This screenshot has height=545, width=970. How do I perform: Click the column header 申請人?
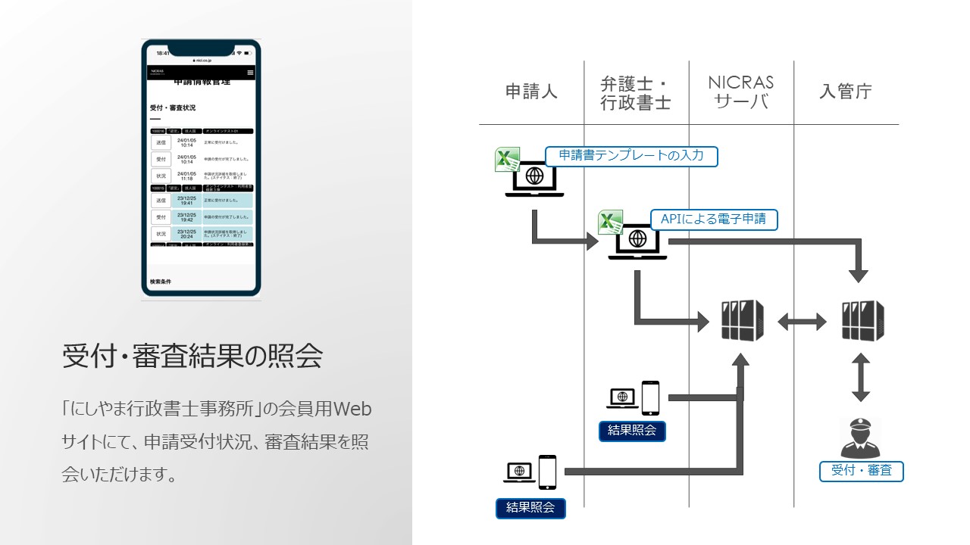pos(531,92)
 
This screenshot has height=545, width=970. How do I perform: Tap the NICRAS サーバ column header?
pos(741,92)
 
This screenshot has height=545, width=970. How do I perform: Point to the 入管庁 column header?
pos(846,92)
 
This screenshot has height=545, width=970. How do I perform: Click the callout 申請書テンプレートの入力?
pos(631,156)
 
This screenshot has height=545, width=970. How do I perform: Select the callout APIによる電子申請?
pos(713,220)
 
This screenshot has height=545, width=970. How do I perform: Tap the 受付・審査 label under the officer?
pos(862,471)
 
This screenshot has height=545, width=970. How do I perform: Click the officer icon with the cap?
pos(861,438)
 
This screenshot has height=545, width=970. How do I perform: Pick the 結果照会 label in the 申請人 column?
pos(530,507)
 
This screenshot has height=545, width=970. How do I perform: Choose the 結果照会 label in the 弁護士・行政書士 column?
pos(632,431)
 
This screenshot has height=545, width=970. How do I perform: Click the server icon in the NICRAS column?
pos(742,321)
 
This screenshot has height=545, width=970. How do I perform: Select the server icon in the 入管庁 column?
pos(862,321)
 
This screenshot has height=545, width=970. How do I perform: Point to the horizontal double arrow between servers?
pos(802,322)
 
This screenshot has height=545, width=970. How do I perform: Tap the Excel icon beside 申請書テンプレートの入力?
pos(506,160)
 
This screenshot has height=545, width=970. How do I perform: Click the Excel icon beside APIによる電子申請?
pos(610,223)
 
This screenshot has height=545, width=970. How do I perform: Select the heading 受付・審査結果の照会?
pos(192,356)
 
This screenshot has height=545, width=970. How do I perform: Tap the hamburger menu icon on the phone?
pos(250,73)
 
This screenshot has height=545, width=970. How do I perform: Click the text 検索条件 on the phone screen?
pos(161,282)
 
